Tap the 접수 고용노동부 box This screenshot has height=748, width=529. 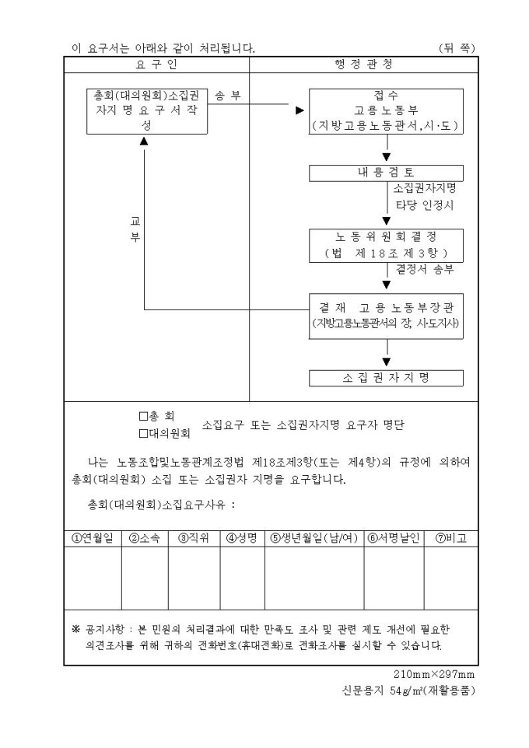[387, 110]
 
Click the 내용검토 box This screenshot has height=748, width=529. [387, 173]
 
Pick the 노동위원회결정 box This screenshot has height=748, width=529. [387, 245]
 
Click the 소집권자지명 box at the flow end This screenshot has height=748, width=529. [387, 378]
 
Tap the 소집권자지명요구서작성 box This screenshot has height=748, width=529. [147, 110]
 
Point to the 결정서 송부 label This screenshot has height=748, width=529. [425, 270]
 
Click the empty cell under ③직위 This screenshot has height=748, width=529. [194, 577]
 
